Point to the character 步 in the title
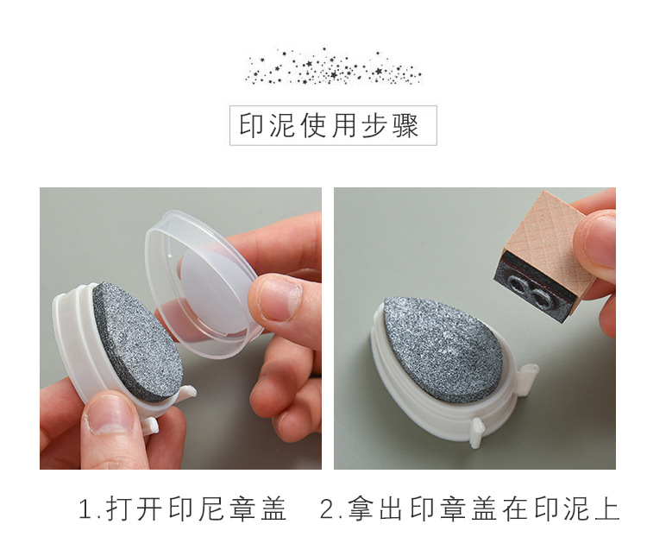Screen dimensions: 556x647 pyautogui.click(x=374, y=126)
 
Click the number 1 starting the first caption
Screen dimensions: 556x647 pyautogui.click(x=85, y=510)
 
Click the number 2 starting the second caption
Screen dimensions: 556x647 pyautogui.click(x=327, y=510)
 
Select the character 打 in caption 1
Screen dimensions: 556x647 pyautogui.click(x=118, y=509)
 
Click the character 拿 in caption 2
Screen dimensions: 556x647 pyautogui.click(x=359, y=509)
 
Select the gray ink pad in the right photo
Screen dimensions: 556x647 pyautogui.click(x=441, y=345)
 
